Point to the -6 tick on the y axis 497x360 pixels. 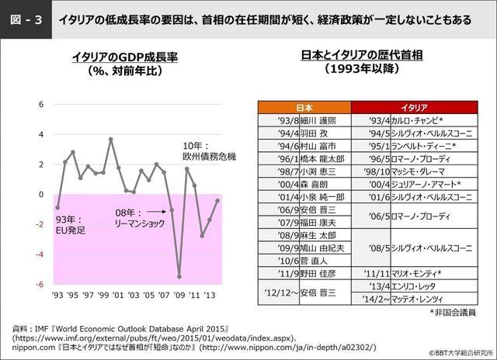tap(41, 284)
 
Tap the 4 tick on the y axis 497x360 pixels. tap(41, 135)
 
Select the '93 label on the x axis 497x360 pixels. tap(58, 296)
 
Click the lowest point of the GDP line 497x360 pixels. tap(179, 276)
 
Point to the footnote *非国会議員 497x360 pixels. tap(447, 312)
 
